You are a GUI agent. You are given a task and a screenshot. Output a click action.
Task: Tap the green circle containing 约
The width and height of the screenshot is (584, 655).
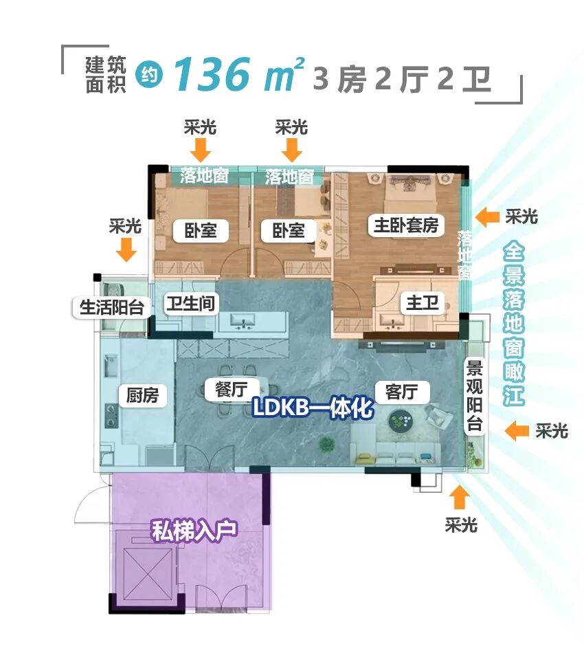pyautogui.click(x=149, y=76)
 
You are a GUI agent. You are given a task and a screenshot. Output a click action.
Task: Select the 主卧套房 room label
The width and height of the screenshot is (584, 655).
pyautogui.click(x=405, y=225)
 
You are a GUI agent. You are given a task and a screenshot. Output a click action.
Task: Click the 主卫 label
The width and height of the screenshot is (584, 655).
pyautogui.click(x=422, y=302)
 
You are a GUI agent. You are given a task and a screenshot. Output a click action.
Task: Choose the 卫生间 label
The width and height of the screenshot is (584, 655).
pyautogui.click(x=190, y=303)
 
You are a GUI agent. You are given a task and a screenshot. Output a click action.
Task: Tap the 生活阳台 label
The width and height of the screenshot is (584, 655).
pyautogui.click(x=112, y=307)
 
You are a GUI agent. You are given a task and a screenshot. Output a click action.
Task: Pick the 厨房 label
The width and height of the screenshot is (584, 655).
pyautogui.click(x=142, y=395)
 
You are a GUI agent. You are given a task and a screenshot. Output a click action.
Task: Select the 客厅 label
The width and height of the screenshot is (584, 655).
pyautogui.click(x=402, y=392)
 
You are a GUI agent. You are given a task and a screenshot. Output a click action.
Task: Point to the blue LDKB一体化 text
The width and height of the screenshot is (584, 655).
pyautogui.click(x=312, y=408)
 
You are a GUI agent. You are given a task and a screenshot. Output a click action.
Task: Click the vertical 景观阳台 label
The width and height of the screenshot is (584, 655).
pyautogui.click(x=475, y=396)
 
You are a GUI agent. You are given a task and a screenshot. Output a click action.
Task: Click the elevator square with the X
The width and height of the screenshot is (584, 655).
pyautogui.click(x=147, y=564)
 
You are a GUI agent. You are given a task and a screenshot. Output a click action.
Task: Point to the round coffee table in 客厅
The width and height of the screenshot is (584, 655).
pyautogui.click(x=401, y=421)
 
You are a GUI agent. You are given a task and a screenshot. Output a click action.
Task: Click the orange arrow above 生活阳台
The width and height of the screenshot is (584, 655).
pyautogui.click(x=126, y=251)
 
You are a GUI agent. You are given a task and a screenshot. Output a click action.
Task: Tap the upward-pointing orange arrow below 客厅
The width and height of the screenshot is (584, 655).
pyautogui.click(x=460, y=497)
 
